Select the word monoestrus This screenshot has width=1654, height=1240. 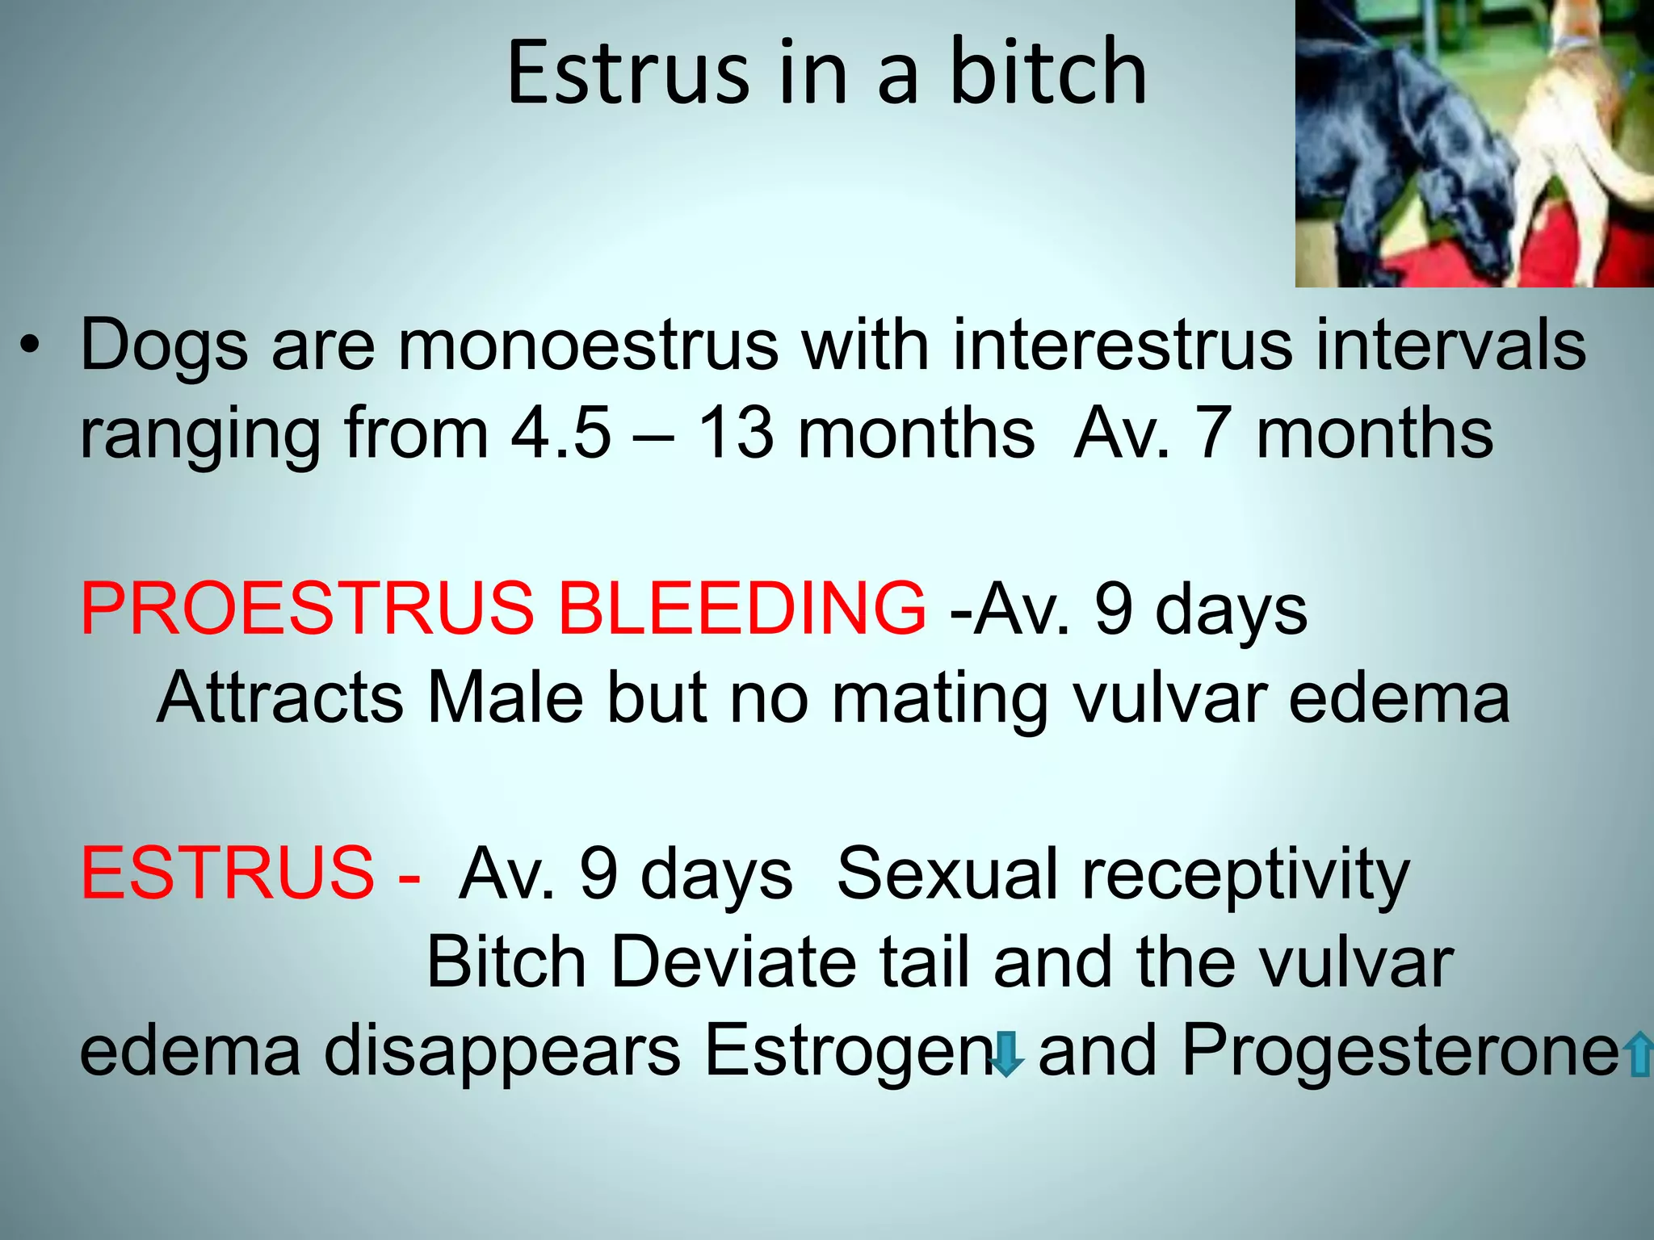[x=588, y=346]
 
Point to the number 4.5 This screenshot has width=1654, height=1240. [x=560, y=434]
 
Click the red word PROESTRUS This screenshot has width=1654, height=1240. [x=307, y=609]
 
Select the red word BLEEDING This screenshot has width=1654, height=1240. [x=741, y=609]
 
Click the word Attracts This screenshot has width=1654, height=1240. [x=279, y=697]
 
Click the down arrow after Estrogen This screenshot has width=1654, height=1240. [x=1005, y=1054]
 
